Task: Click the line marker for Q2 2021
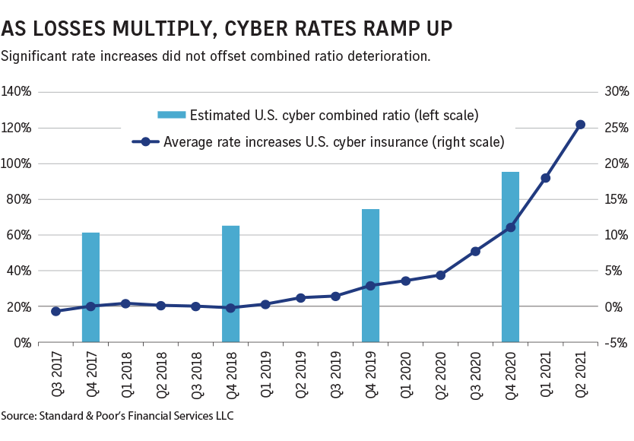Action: click(580, 125)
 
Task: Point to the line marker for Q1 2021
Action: click(545, 178)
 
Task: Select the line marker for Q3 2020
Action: click(475, 251)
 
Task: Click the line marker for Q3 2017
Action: click(55, 311)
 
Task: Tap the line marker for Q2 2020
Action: click(440, 275)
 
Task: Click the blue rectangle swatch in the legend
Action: click(171, 116)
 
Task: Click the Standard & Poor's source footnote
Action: click(117, 416)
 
